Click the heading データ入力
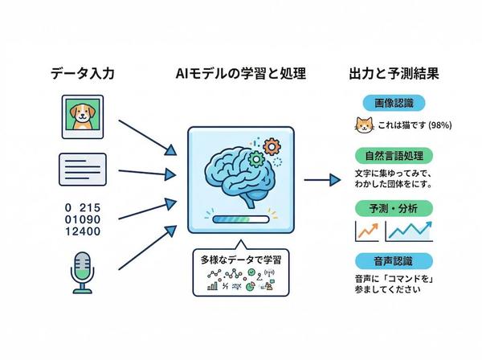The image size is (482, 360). [83, 74]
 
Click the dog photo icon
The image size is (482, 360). [83, 116]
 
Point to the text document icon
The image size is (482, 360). [83, 170]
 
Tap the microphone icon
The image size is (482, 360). [83, 271]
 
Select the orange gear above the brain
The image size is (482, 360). [271, 147]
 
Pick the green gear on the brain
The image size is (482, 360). [256, 159]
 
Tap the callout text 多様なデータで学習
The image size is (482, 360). [239, 261]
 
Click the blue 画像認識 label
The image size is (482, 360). [388, 104]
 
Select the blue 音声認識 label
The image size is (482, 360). [388, 260]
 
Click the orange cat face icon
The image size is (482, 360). [362, 125]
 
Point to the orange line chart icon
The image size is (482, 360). [367, 231]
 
